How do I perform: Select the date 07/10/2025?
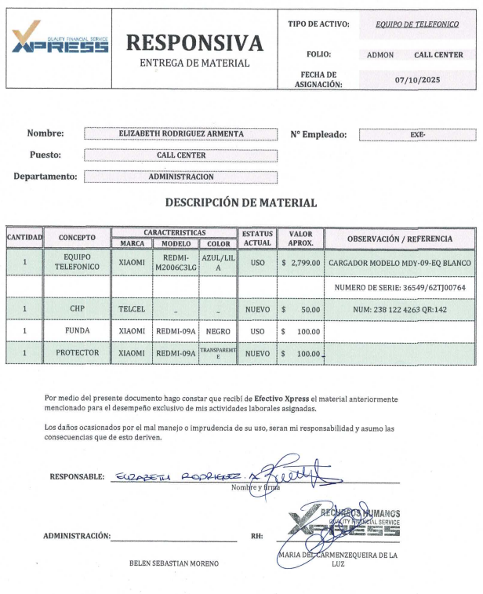click(418, 79)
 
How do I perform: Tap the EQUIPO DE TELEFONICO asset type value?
click(417, 24)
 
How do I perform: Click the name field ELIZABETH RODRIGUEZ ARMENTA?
click(181, 134)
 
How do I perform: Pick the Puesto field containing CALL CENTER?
click(181, 155)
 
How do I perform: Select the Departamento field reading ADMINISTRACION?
click(181, 177)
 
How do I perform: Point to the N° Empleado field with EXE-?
click(417, 134)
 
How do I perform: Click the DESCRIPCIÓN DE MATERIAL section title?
click(241, 203)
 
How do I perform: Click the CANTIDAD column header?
click(24, 238)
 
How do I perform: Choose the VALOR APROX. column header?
click(300, 238)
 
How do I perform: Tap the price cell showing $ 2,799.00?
click(300, 262)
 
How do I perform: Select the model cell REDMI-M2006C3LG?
click(176, 262)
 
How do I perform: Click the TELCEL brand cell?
click(132, 309)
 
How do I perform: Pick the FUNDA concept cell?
click(77, 331)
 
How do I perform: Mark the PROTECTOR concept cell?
click(77, 353)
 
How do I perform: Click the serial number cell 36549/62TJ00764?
click(400, 287)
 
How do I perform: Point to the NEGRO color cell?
click(218, 331)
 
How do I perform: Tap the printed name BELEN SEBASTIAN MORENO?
click(174, 563)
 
